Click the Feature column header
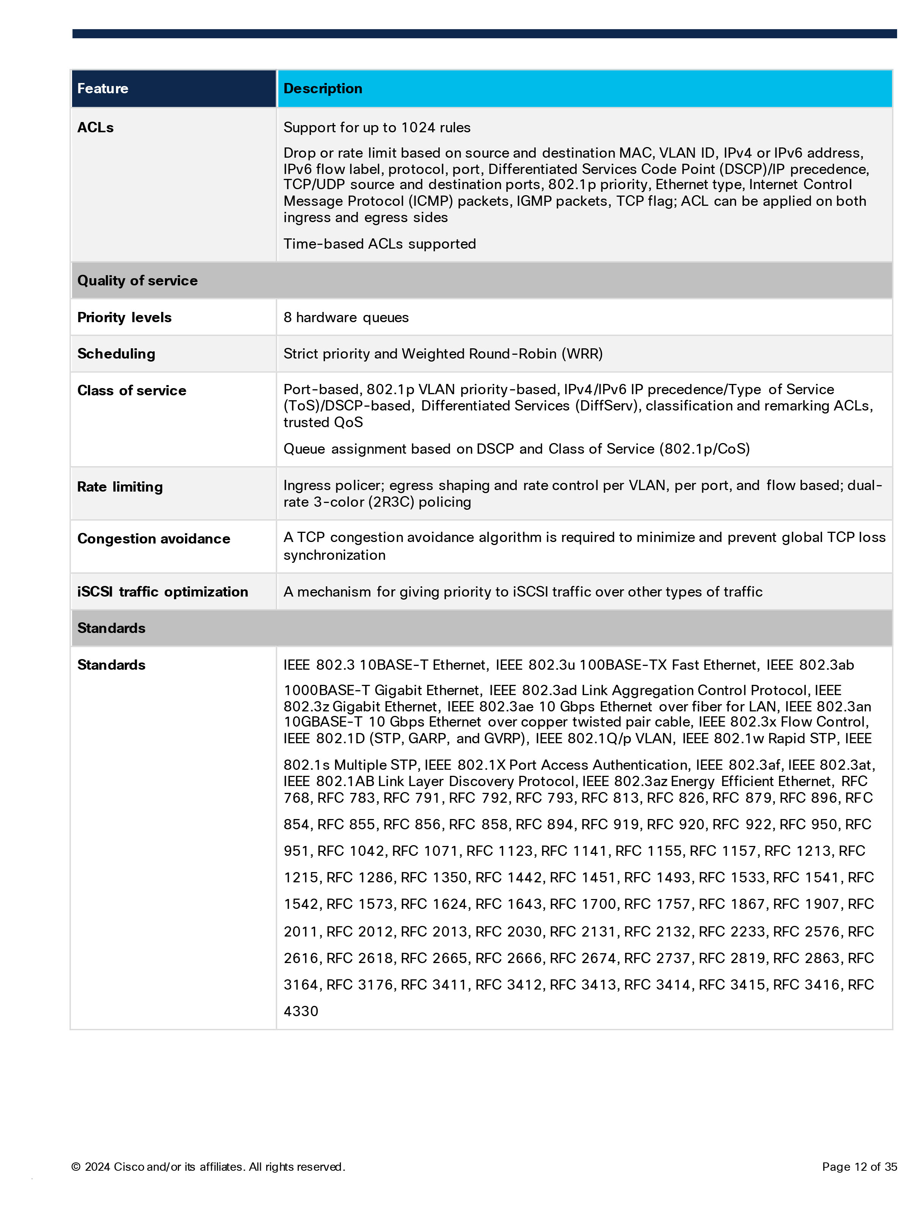tap(102, 88)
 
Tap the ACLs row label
tap(96, 128)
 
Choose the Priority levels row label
tap(124, 317)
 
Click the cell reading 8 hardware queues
tap(346, 317)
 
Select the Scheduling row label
tap(116, 354)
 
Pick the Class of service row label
tap(132, 390)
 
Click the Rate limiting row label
tap(120, 487)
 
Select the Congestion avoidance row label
tap(154, 539)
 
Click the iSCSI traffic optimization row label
tap(163, 592)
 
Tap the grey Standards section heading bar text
tap(111, 628)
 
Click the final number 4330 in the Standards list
tap(301, 1011)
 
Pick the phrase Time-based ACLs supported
tap(380, 244)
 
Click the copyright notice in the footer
tap(208, 1167)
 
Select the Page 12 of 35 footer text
tap(859, 1167)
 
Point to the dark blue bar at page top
tap(484, 34)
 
